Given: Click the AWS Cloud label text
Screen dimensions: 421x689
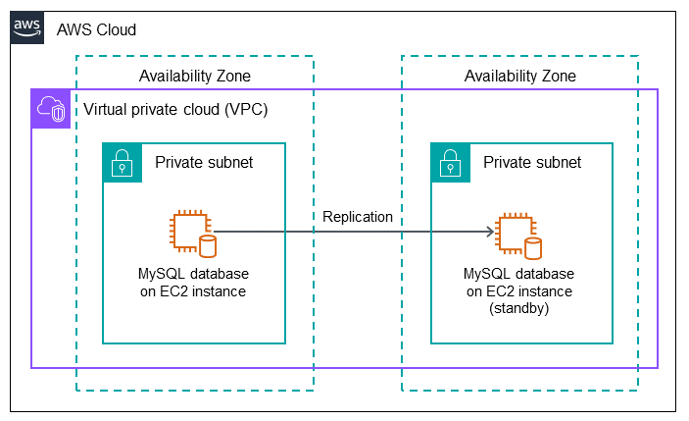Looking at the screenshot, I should point(96,29).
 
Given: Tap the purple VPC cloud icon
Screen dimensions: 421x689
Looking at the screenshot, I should point(50,109).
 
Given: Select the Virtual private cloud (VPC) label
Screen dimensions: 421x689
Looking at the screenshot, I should point(175,109).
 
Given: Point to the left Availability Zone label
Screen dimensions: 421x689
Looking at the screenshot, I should point(194,76).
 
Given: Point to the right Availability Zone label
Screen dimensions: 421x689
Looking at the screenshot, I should point(519,76).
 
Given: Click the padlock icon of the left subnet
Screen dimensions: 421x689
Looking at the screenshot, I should point(122,162).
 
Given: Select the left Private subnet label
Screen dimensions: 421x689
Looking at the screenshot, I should point(204,162).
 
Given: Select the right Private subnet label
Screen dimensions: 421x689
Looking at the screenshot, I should point(532,162).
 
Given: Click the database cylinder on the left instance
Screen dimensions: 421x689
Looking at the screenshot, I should point(208,245).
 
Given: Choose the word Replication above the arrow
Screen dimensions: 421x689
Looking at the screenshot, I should point(357,216).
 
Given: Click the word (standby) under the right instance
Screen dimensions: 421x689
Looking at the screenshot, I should point(520,307).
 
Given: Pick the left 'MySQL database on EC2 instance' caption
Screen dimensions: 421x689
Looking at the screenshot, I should point(193,282).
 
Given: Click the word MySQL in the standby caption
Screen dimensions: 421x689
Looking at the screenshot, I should point(487,274).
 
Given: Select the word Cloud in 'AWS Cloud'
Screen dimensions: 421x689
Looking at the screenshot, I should point(116,29).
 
